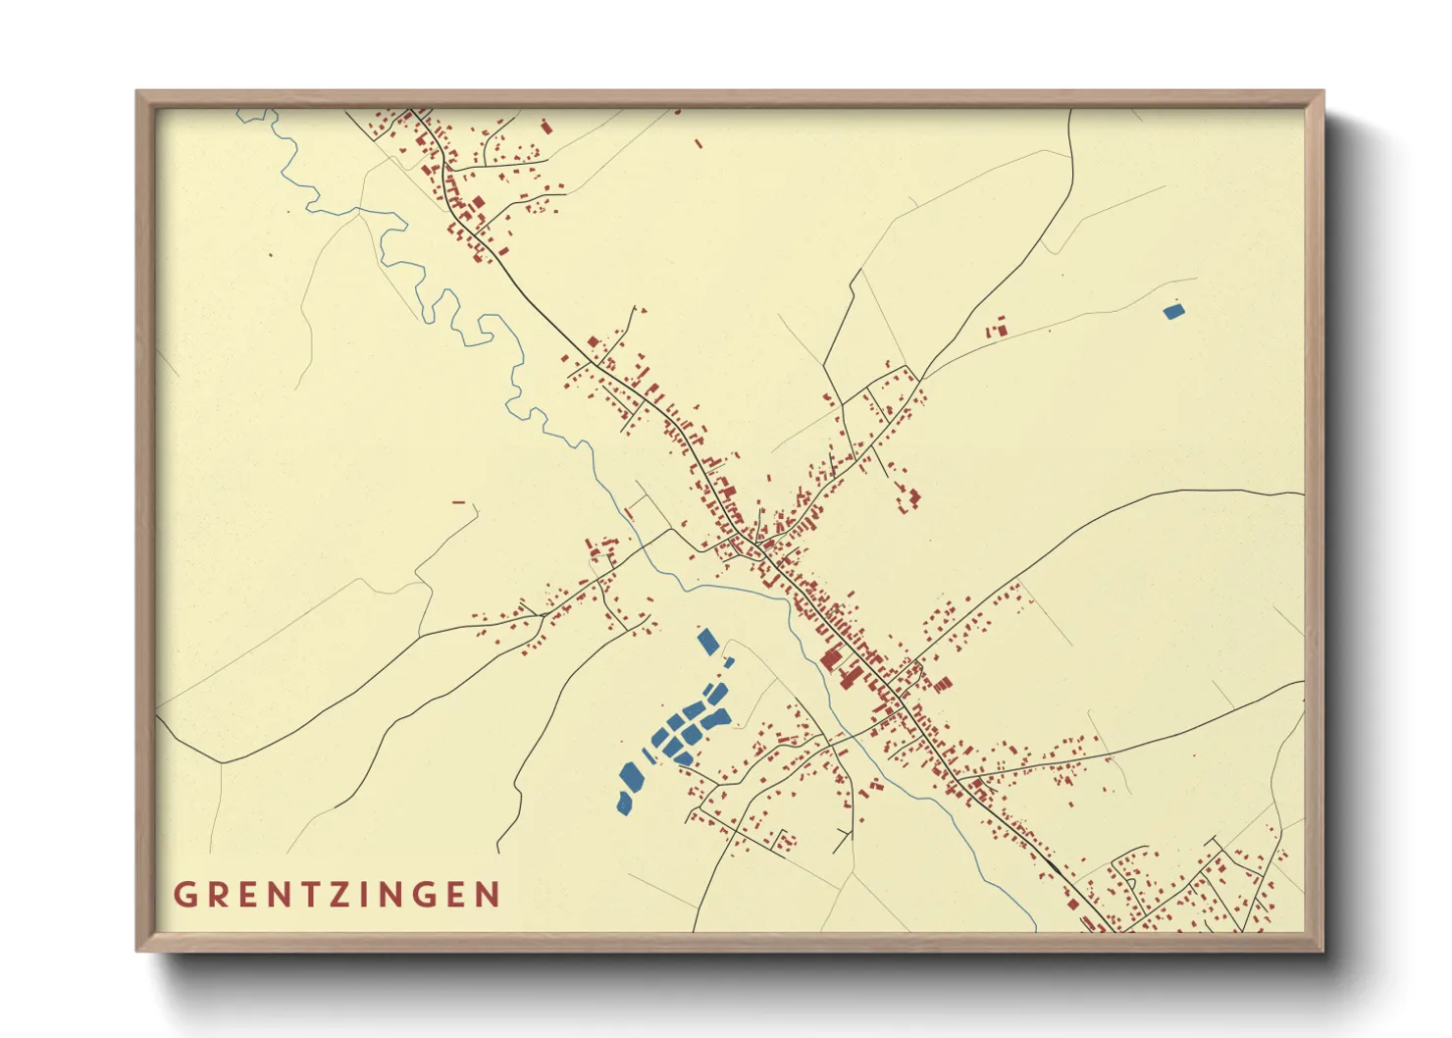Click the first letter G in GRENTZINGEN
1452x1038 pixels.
(x=183, y=895)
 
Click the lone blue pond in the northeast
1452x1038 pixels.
(x=1173, y=312)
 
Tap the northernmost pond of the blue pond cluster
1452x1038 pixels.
(x=706, y=642)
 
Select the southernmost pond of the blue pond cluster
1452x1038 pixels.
(x=624, y=804)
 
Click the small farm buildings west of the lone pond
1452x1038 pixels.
(x=997, y=329)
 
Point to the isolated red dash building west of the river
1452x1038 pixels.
(x=458, y=502)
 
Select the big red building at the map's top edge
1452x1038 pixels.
(x=546, y=126)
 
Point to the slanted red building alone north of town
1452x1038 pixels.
(x=699, y=144)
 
